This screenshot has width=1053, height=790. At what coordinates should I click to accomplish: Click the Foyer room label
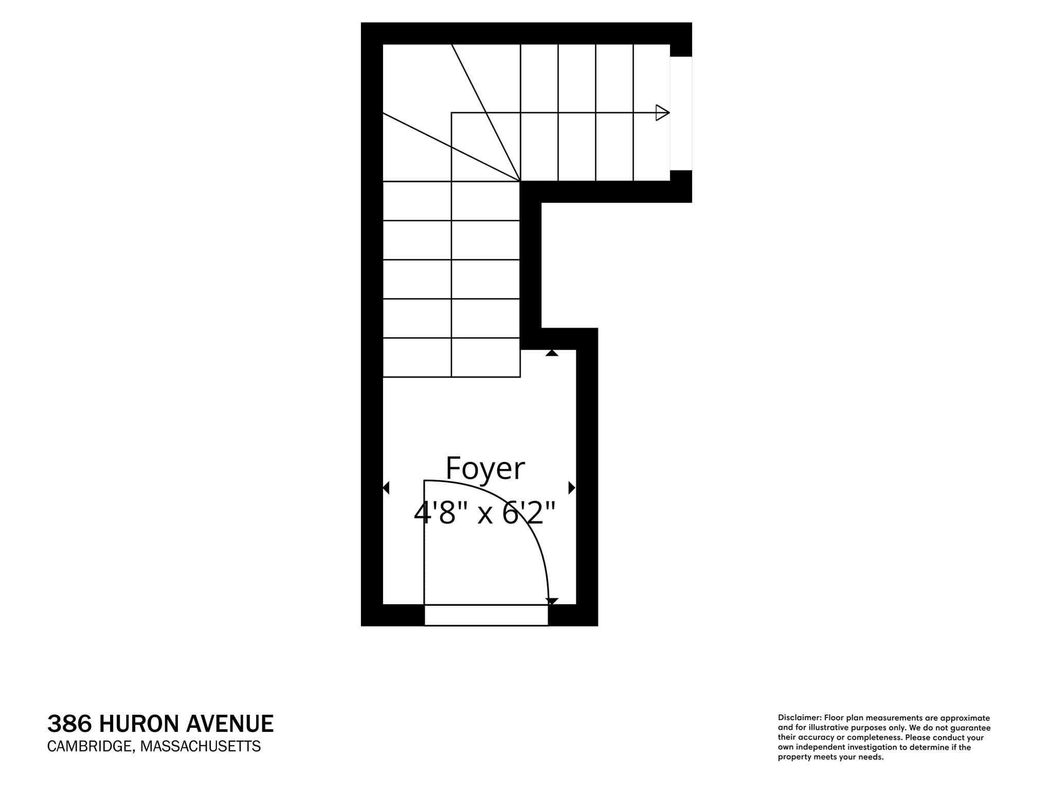(485, 469)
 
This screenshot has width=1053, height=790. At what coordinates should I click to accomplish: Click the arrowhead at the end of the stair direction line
(663, 113)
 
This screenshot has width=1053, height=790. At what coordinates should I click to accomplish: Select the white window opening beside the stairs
(681, 113)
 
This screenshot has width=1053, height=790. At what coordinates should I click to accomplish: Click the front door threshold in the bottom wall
(486, 615)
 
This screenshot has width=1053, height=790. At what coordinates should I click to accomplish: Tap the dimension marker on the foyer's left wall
(386, 488)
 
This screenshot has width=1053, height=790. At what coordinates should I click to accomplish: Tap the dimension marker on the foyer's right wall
(572, 488)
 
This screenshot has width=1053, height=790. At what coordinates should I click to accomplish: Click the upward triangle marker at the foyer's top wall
(552, 353)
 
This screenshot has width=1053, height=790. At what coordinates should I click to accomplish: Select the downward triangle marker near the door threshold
(552, 601)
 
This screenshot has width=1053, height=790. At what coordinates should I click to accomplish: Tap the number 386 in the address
(69, 724)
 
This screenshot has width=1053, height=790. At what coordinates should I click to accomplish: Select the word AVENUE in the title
(229, 724)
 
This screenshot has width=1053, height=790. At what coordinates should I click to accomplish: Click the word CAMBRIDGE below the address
(90, 746)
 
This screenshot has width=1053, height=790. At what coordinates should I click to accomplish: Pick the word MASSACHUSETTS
(201, 746)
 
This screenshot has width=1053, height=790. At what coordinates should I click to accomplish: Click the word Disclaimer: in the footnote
(800, 718)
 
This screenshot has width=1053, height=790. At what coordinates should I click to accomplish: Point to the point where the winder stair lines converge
(520, 181)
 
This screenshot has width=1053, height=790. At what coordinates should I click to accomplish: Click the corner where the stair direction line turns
(451, 113)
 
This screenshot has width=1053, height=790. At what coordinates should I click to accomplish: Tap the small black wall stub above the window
(681, 50)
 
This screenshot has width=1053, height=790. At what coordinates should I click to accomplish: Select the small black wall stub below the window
(681, 176)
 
